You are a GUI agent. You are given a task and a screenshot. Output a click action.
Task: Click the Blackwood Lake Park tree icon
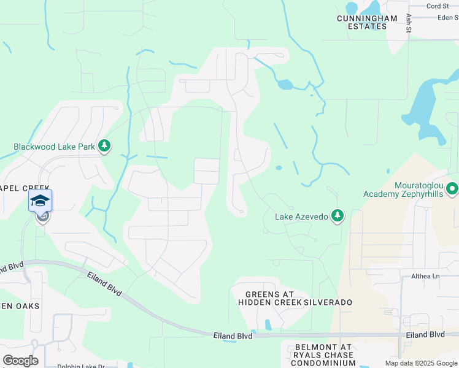coord(105,145)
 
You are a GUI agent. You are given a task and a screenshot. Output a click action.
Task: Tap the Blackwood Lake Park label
coord(54,147)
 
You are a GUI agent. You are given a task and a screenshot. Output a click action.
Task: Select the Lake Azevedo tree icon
coord(337,215)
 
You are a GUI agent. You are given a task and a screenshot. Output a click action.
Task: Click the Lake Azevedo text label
coord(301,216)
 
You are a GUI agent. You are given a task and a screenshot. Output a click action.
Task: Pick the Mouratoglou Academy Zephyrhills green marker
coord(452,188)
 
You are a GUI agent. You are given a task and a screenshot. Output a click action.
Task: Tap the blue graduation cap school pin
coord(40,201)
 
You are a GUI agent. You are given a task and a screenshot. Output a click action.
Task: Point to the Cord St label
coord(438,6)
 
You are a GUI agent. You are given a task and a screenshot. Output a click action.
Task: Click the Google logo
coord(20,361)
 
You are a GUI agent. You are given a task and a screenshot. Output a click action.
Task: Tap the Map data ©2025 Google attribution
coord(421,363)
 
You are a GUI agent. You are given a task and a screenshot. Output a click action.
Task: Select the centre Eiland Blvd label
coord(233,335)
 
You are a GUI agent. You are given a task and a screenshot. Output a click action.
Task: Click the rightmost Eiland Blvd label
coord(425,334)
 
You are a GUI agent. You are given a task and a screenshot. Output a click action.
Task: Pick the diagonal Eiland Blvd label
coord(104,285)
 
